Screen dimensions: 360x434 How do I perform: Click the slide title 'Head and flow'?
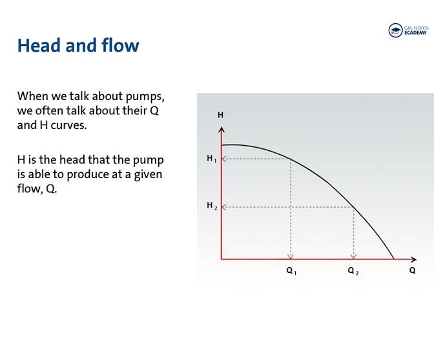coord(77,45)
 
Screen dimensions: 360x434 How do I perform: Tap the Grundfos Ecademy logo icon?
coord(395,30)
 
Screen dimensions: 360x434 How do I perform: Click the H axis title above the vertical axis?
coord(220,115)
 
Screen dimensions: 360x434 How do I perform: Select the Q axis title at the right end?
coord(412,270)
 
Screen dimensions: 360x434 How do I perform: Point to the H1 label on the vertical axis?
coord(211,159)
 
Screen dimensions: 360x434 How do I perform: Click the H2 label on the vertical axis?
coord(211,206)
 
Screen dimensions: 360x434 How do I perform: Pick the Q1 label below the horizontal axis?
coord(291,271)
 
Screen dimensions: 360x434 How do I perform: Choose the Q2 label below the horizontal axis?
coord(353,271)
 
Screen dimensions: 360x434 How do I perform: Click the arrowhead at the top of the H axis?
coord(222,130)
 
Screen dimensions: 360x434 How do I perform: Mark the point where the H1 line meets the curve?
coord(291,159)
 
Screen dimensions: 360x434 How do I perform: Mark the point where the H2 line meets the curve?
coord(353,207)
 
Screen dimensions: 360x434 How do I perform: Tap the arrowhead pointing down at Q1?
coord(291,255)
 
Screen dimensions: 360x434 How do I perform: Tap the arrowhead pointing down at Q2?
coord(353,255)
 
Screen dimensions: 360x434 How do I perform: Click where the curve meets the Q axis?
coord(393,259)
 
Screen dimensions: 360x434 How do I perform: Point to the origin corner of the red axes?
coord(222,259)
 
